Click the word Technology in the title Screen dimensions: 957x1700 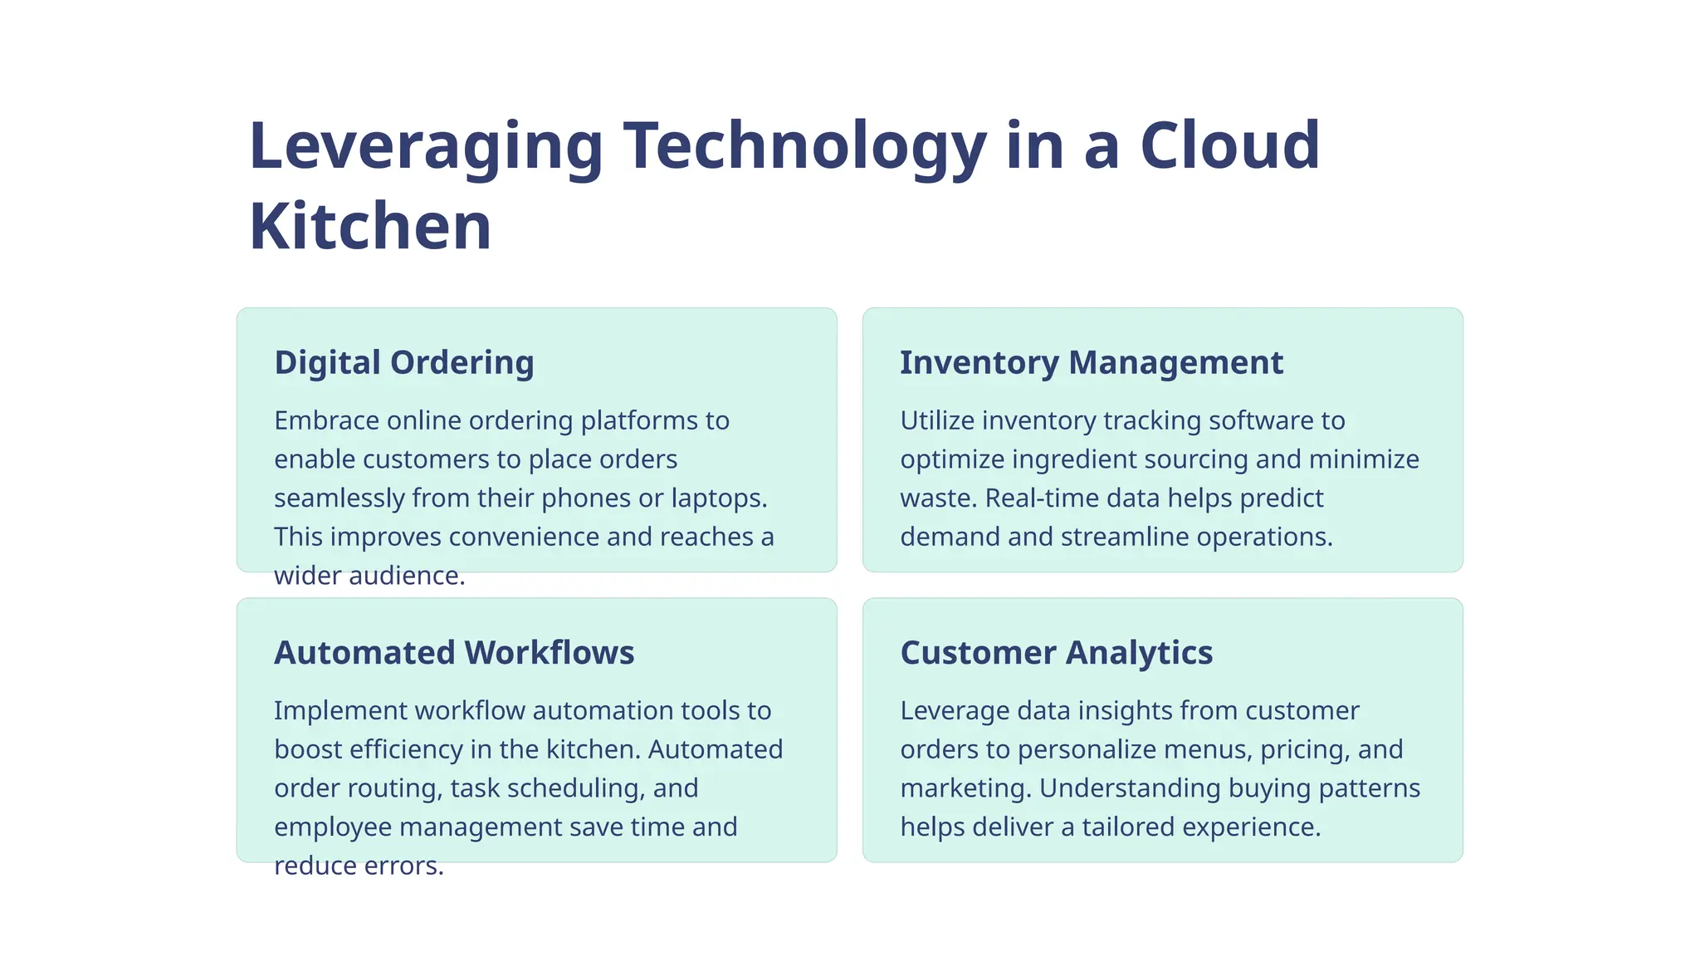click(804, 146)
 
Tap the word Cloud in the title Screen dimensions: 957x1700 click(1229, 146)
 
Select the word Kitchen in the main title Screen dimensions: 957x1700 click(370, 226)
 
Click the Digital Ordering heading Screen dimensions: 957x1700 click(404, 363)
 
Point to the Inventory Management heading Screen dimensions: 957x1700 click(1092, 363)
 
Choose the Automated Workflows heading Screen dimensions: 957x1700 click(454, 653)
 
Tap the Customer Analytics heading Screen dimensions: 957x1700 click(1056, 653)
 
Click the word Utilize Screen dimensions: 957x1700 click(937, 420)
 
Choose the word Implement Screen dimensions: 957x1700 click(340, 711)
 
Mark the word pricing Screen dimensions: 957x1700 click(1305, 750)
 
